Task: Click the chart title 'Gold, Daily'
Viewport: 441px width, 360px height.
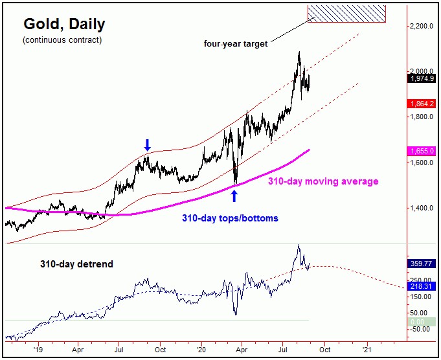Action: [64, 24]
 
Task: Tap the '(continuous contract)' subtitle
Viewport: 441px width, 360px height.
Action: [62, 40]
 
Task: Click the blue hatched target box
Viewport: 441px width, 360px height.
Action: [346, 14]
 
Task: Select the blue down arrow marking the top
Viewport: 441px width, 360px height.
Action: [148, 144]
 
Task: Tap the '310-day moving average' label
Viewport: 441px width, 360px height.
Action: [323, 181]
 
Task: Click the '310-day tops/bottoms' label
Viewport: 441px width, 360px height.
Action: [230, 218]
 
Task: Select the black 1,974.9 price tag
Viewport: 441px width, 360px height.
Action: [422, 78]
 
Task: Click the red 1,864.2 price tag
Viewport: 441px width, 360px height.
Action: [422, 104]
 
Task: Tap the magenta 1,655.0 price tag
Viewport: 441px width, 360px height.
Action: [422, 151]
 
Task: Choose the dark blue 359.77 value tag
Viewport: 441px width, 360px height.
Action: [422, 264]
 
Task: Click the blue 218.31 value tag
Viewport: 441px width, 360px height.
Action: [422, 286]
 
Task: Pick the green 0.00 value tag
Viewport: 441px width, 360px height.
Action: [422, 321]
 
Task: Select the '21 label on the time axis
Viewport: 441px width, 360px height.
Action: [367, 348]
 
